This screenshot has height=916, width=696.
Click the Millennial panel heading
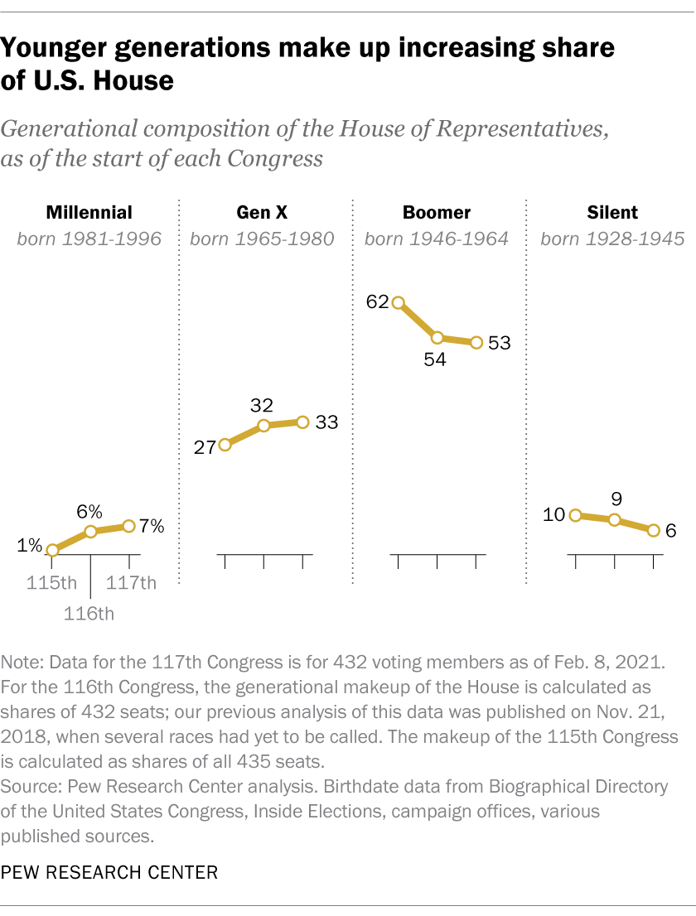click(89, 213)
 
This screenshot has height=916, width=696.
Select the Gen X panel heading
click(262, 213)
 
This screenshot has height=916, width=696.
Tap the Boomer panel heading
click(437, 213)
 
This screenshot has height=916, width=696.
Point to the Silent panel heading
click(612, 213)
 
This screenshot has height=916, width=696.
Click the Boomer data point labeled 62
click(399, 303)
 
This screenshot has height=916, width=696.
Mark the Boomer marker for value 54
click(437, 338)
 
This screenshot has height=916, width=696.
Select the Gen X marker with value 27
click(225, 446)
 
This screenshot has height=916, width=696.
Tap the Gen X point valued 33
click(302, 422)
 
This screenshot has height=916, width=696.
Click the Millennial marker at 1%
click(52, 550)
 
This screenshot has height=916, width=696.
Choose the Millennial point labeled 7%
click(128, 526)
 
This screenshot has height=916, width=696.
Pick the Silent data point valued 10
click(575, 515)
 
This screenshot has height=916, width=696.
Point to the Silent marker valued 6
click(653, 531)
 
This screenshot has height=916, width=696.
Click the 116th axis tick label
click(89, 614)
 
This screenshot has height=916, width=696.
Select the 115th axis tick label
click(51, 583)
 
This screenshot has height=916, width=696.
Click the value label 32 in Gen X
click(263, 405)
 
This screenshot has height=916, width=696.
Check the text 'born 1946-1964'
click(437, 239)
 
